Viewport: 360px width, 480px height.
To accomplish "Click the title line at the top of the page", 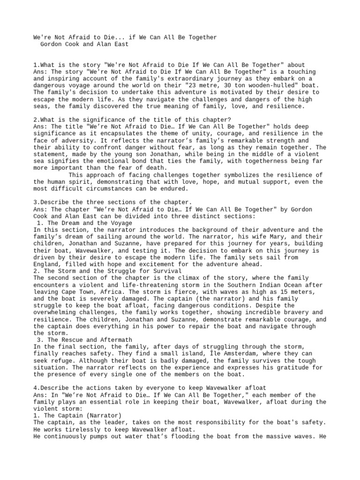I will coord(125,37).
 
